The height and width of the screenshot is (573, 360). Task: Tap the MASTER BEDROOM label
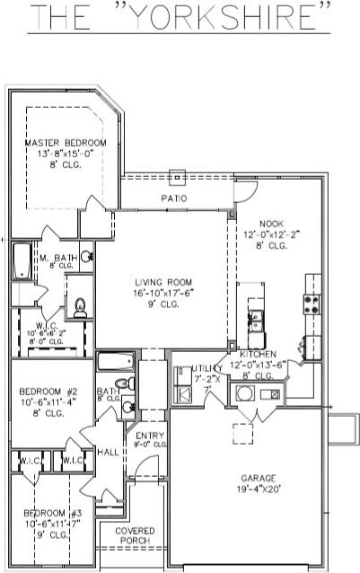pyautogui.click(x=65, y=144)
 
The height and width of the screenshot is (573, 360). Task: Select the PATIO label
pyautogui.click(x=173, y=198)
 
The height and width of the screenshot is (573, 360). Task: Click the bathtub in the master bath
pyautogui.click(x=21, y=262)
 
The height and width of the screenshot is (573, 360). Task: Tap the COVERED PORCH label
pyautogui.click(x=135, y=535)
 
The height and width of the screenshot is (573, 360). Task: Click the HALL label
pyautogui.click(x=110, y=453)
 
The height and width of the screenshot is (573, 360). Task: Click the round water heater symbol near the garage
pyautogui.click(x=244, y=393)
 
